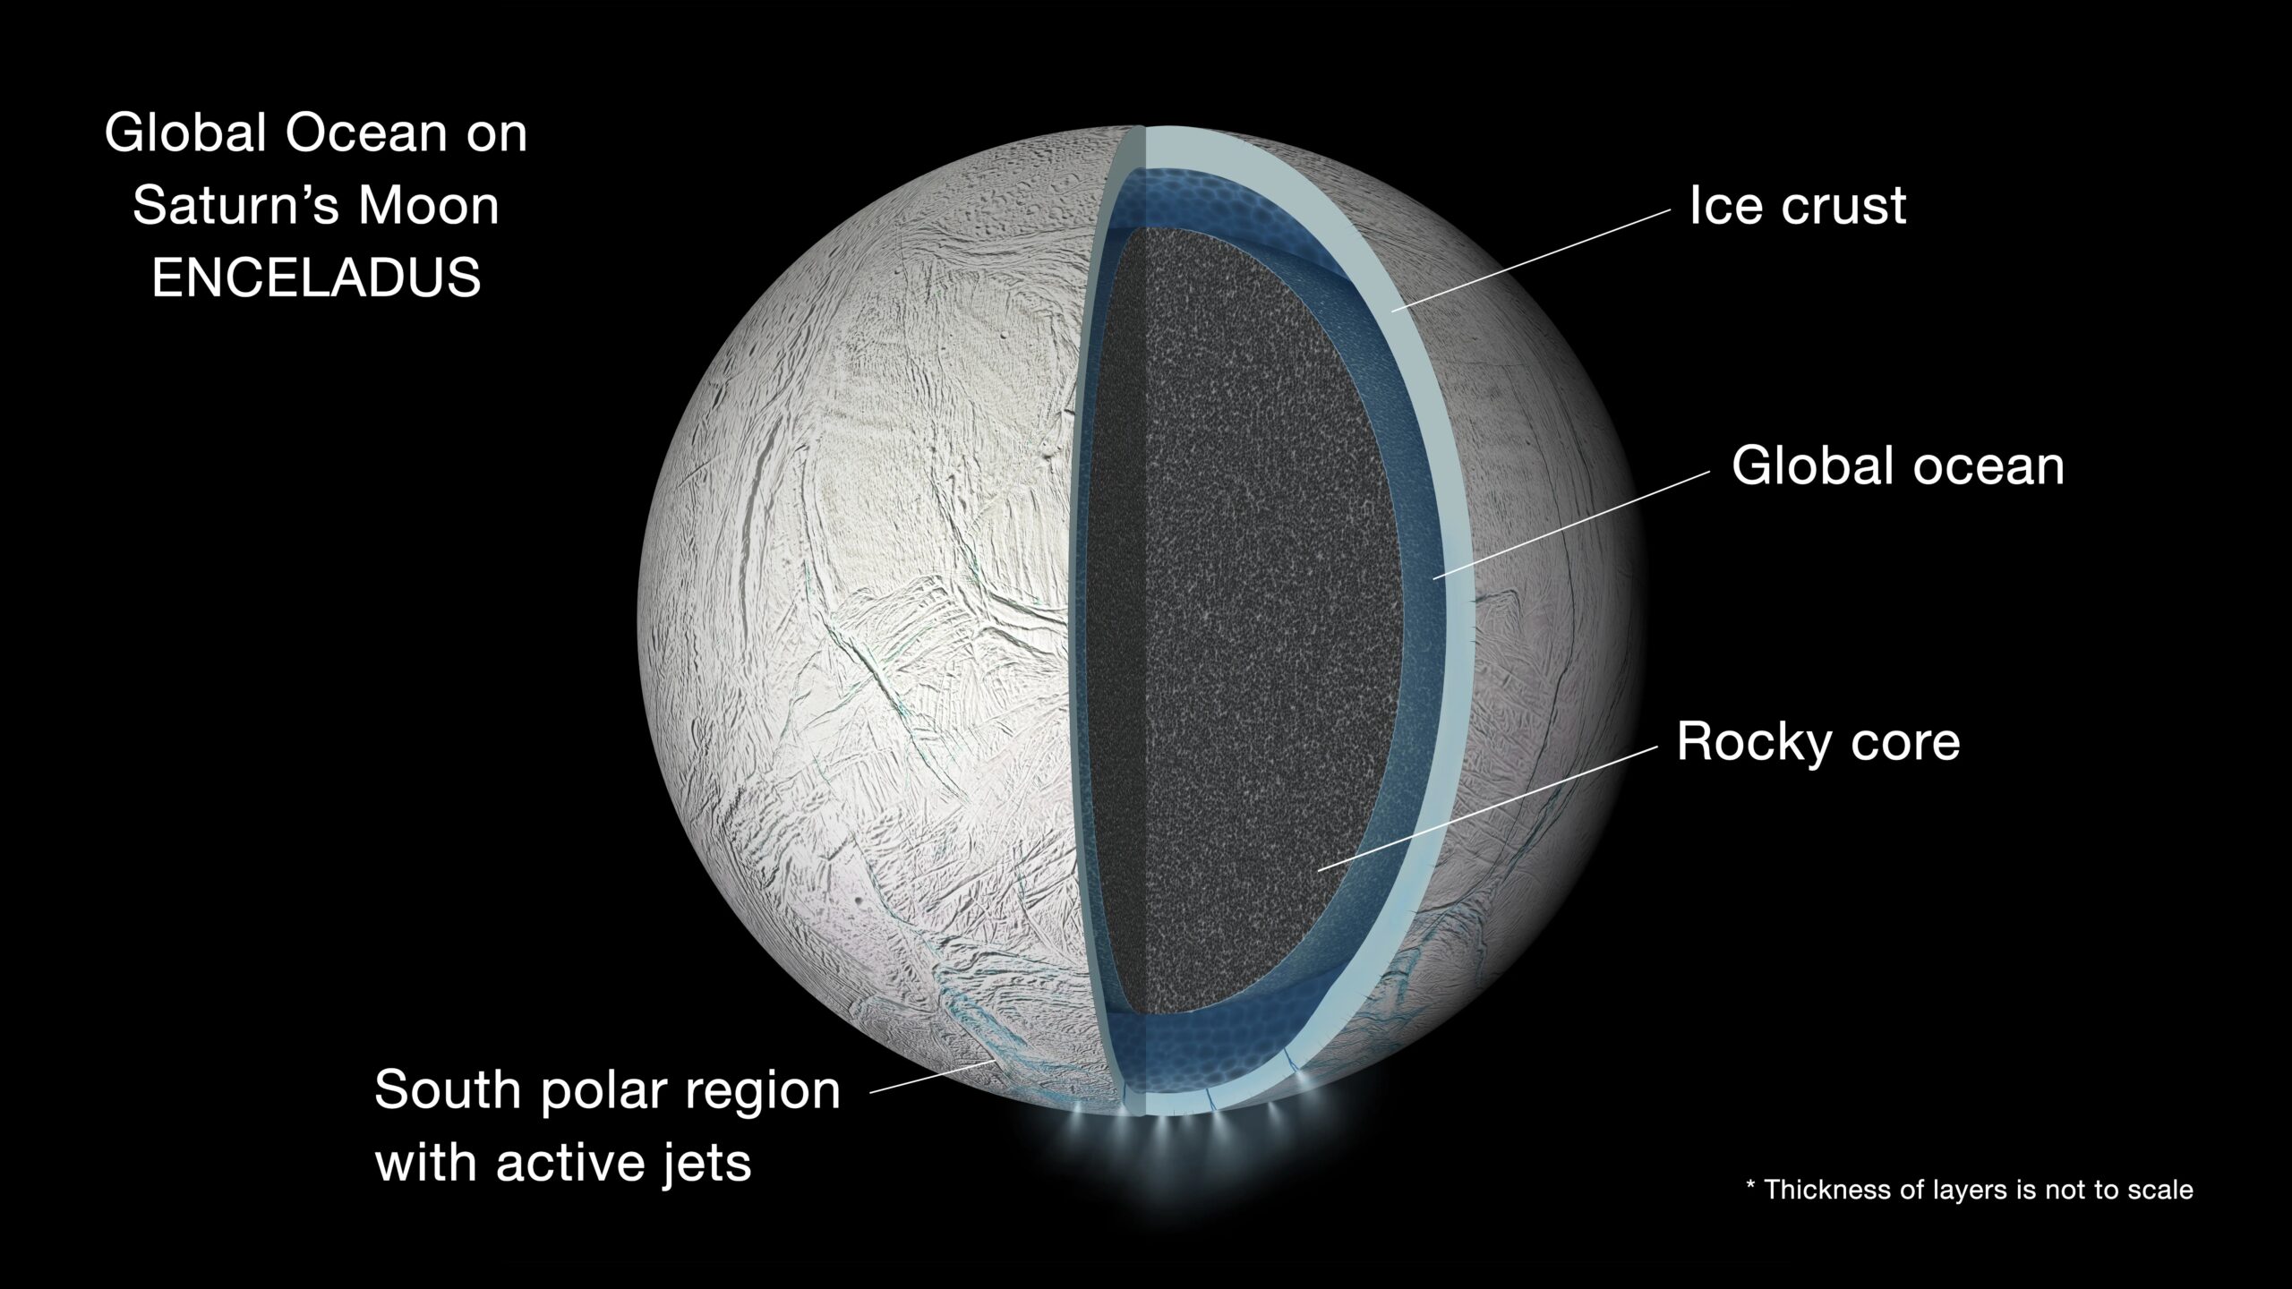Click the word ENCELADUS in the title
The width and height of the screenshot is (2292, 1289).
(316, 277)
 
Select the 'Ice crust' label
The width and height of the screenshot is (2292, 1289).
(1797, 206)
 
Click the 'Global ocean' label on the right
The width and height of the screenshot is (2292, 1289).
(1897, 466)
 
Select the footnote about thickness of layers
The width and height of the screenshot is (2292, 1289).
(1970, 1190)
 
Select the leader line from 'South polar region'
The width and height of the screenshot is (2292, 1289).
(931, 1077)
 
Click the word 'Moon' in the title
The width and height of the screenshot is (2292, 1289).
(428, 206)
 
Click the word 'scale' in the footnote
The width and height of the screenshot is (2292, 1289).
(2158, 1190)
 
